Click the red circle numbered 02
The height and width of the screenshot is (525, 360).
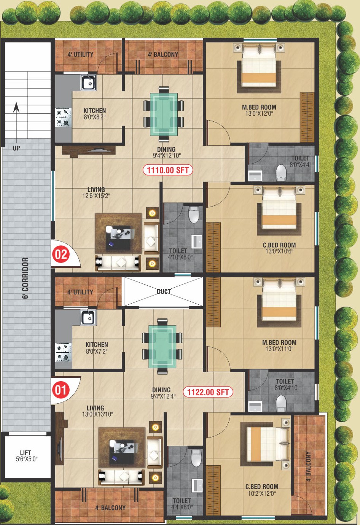tap(61, 254)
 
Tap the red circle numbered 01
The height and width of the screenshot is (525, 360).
tap(61, 390)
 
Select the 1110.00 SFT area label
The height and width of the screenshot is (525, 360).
tap(167, 170)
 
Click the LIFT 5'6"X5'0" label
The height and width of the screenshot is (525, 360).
tap(26, 456)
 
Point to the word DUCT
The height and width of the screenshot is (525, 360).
tap(164, 291)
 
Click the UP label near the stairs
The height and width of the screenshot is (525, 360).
tap(16, 148)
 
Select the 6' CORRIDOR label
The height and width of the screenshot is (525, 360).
tap(25, 278)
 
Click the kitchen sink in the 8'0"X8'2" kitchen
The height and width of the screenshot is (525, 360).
tap(89, 83)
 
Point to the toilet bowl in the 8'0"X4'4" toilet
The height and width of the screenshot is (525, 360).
tap(281, 172)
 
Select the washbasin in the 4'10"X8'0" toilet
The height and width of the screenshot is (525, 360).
tap(197, 242)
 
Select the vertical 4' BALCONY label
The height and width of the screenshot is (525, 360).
tap(309, 466)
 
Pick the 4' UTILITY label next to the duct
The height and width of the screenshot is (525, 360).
tap(80, 292)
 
